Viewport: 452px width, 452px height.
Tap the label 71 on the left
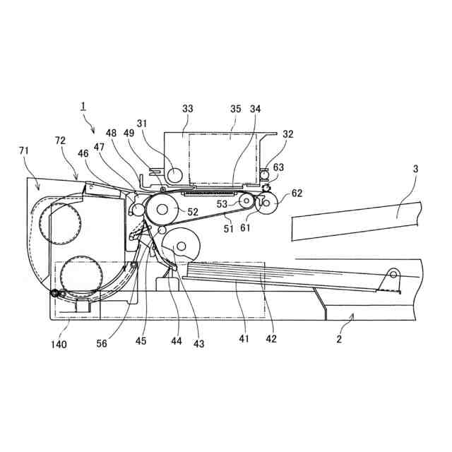[24, 150]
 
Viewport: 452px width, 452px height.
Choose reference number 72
[60, 141]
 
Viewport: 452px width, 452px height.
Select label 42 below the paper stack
[271, 339]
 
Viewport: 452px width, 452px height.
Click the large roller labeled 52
[164, 209]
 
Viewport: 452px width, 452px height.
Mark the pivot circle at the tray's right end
[393, 275]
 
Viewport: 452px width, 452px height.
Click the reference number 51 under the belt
[229, 227]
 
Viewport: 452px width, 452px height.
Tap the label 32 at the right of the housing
[288, 134]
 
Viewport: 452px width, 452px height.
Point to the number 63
[278, 167]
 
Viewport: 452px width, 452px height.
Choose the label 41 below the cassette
[244, 339]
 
